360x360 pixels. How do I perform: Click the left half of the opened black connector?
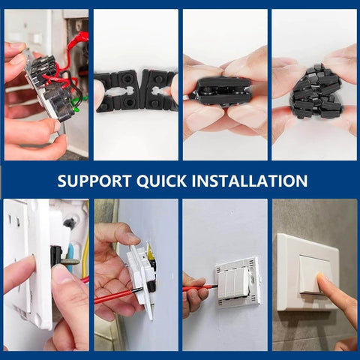tap(117, 89)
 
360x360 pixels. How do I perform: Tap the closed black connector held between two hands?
tap(223, 89)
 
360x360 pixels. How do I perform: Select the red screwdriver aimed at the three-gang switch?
tap(199, 287)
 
